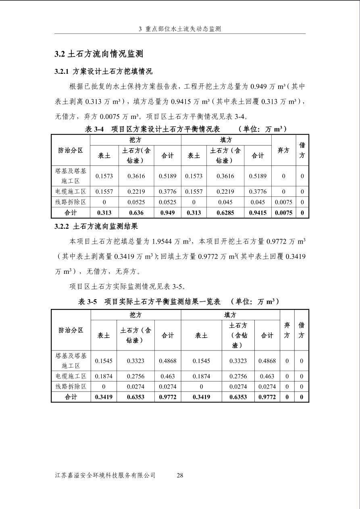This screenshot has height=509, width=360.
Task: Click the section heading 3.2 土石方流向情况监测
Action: tap(99, 54)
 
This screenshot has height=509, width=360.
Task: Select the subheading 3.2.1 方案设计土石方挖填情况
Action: tap(103, 72)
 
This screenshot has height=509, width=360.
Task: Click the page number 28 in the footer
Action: tap(180, 475)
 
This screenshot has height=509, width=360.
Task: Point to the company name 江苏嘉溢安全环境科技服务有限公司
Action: tap(105, 475)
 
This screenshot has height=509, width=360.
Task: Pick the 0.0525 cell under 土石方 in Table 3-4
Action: tap(136, 202)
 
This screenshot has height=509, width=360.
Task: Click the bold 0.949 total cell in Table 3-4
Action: tap(167, 213)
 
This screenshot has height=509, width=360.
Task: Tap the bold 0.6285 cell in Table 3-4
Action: tap(225, 213)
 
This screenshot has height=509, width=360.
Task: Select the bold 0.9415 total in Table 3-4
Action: tap(258, 213)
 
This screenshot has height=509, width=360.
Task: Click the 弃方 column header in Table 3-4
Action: tap(283, 150)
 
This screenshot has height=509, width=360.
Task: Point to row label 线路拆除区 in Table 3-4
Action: tap(71, 202)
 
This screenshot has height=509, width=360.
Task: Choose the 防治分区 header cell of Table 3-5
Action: tap(71, 330)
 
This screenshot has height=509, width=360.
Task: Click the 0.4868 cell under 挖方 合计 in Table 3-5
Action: tap(167, 361)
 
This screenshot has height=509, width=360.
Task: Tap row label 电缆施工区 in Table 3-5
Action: tap(71, 376)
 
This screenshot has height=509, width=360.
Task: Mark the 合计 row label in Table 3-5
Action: tap(71, 397)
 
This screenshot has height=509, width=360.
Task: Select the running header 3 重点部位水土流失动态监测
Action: tap(180, 29)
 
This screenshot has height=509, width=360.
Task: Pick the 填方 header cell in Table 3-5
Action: tap(230, 315)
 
